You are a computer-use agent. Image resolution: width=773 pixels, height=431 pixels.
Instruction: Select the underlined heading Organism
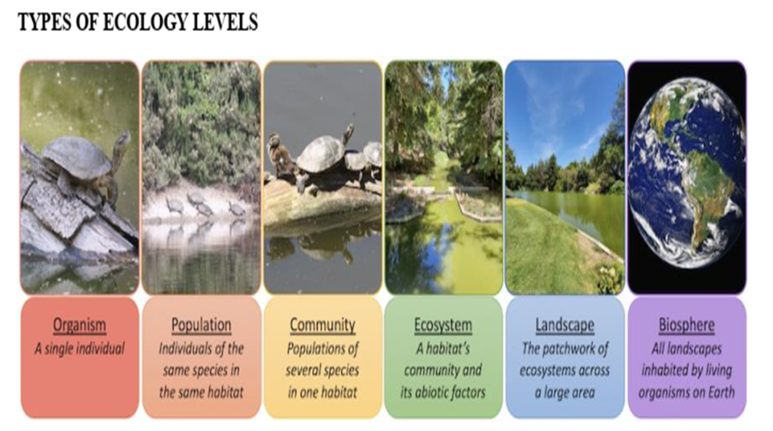click(x=80, y=325)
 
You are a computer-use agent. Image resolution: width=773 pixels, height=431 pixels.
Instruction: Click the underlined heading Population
click(x=202, y=325)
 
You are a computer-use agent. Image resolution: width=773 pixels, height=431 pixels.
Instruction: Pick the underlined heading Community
click(x=322, y=325)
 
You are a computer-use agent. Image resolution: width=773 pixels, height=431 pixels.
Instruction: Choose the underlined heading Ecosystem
click(x=443, y=325)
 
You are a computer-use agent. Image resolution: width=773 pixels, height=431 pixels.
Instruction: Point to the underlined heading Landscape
click(x=565, y=325)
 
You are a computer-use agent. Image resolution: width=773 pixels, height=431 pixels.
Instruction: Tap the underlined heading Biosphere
click(x=687, y=325)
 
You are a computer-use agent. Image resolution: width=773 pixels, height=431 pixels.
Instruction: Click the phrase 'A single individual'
click(x=80, y=349)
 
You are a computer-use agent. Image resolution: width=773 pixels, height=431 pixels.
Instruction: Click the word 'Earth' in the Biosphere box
click(x=722, y=392)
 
